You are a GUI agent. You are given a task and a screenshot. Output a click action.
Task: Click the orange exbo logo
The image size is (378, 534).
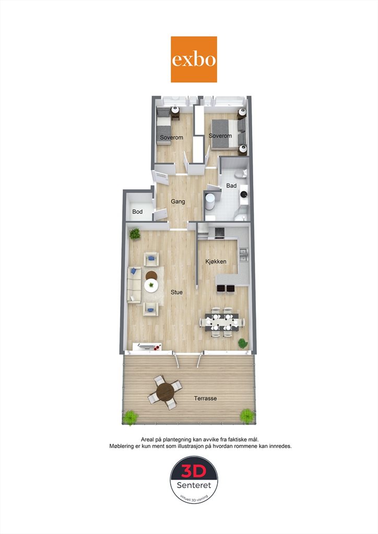click(194, 59)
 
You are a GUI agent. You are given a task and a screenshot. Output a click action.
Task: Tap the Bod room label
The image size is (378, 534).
click(137, 212)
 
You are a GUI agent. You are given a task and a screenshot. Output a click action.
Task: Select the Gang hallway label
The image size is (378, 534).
click(178, 202)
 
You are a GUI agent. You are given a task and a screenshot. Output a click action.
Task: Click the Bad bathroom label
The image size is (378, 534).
click(231, 186)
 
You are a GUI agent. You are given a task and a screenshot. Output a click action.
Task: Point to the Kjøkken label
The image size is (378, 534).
click(216, 262)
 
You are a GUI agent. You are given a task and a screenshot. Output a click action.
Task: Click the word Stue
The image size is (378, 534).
click(176, 292)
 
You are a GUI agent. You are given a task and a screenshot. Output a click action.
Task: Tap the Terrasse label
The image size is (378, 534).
click(206, 398)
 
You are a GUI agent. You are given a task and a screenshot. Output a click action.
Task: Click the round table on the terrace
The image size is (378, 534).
click(166, 392)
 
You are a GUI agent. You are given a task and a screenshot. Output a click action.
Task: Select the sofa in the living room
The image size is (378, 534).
click(134, 285)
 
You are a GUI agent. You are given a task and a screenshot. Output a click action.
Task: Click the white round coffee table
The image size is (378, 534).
click(151, 285)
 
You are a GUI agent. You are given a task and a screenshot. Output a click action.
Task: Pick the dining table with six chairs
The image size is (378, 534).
click(222, 322)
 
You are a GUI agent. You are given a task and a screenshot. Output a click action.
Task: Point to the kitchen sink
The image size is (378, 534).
click(244, 255)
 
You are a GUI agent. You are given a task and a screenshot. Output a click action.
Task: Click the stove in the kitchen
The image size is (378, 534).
click(219, 232)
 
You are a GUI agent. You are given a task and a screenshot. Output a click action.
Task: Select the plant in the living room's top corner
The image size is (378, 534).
click(135, 234)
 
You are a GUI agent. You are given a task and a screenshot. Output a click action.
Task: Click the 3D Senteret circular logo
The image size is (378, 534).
click(194, 480)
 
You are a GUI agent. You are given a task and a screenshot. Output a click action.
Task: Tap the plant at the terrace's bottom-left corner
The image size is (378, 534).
click(130, 418)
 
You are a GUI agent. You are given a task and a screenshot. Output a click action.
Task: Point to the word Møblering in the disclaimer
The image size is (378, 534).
click(122, 446)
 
